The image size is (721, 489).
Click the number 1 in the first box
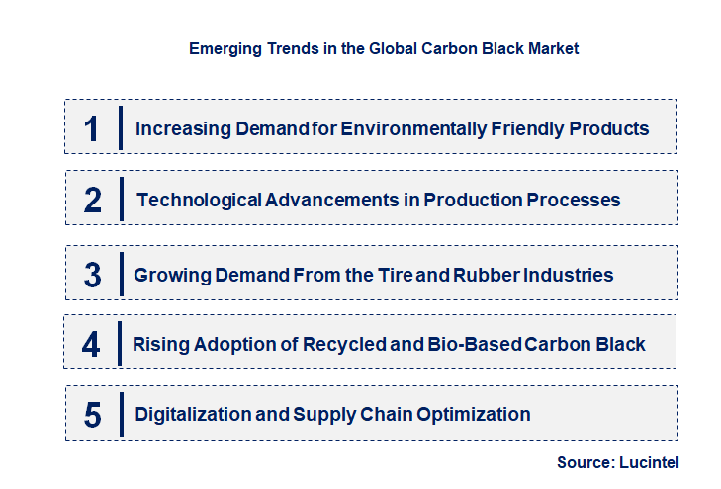click(x=92, y=129)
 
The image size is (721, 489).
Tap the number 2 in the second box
click(x=93, y=201)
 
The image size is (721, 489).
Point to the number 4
click(x=92, y=345)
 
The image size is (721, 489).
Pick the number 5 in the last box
click(x=92, y=415)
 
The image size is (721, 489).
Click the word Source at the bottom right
click(x=586, y=462)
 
